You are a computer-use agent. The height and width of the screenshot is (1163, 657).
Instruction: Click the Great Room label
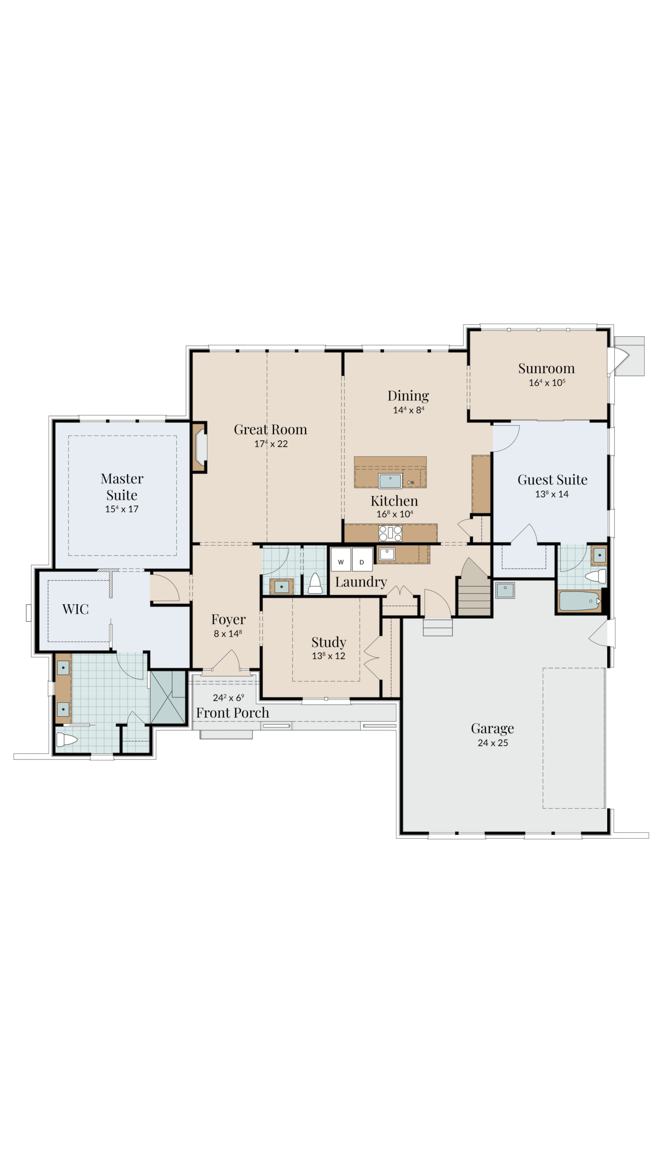(270, 429)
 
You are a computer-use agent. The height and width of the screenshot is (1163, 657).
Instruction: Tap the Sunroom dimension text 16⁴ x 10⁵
(547, 383)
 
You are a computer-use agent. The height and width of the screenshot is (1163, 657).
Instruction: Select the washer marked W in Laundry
(341, 559)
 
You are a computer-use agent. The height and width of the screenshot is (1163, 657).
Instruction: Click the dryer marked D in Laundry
(362, 559)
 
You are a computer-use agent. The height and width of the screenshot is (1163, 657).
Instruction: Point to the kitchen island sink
(390, 480)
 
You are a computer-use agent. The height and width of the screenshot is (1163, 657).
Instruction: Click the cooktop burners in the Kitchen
(390, 533)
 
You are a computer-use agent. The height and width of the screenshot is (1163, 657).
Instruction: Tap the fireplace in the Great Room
(200, 447)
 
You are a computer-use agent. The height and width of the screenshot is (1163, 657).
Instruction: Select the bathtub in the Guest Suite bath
(579, 601)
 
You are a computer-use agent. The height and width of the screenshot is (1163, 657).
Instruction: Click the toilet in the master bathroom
(66, 740)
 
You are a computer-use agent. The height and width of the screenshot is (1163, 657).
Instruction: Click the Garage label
(492, 728)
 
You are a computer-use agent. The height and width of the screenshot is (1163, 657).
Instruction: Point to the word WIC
(75, 609)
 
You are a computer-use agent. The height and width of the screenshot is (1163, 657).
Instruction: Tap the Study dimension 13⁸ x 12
(328, 656)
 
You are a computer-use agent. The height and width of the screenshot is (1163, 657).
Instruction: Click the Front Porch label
(232, 713)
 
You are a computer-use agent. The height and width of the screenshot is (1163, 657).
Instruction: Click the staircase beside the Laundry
(474, 587)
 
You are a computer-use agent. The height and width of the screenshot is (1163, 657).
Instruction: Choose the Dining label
(408, 396)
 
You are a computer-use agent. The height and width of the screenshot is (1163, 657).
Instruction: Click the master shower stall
(168, 697)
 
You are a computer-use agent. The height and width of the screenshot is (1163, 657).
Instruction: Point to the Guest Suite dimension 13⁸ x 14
(552, 494)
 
